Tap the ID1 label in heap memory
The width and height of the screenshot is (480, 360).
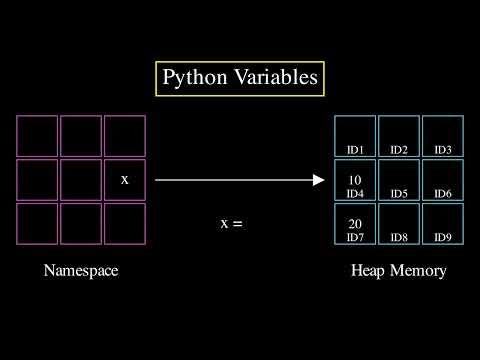tap(355, 150)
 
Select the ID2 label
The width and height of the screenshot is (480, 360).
tap(399, 150)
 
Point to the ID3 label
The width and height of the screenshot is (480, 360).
tap(443, 150)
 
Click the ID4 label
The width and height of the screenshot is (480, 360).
tap(355, 193)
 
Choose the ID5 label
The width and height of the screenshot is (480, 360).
tap(399, 193)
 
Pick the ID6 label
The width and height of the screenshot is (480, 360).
tap(443, 193)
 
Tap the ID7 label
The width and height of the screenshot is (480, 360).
tap(355, 237)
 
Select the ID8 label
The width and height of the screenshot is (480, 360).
tap(399, 237)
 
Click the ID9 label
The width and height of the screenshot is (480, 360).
tap(443, 237)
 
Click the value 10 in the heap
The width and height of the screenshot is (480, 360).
tap(355, 180)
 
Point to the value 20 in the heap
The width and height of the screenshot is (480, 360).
tap(355, 224)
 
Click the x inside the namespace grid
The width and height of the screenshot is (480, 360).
tap(124, 180)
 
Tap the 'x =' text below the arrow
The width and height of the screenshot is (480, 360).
tap(231, 224)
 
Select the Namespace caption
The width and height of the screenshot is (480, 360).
tap(81, 271)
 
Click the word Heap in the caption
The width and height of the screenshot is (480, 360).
tap(368, 271)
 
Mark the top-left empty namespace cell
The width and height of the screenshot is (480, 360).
tap(37, 136)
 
